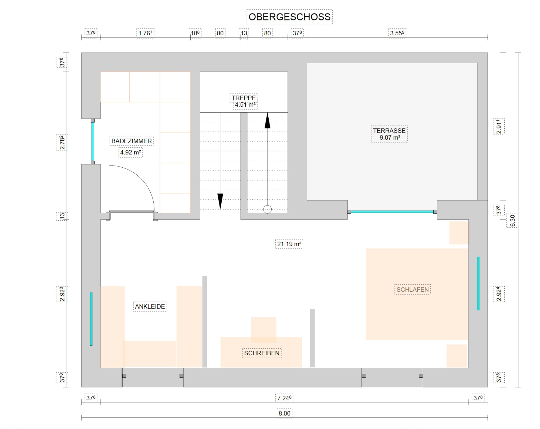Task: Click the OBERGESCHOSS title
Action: tap(289, 17)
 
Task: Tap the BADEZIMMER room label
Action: tap(131, 141)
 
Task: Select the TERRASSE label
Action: tap(389, 131)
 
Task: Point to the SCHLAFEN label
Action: tap(412, 290)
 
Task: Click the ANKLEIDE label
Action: tap(150, 306)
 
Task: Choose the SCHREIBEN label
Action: tap(262, 353)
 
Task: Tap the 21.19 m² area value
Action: tap(289, 244)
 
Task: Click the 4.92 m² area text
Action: tap(130, 152)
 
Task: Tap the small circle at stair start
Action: tap(267, 209)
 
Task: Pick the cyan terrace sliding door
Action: tap(392, 212)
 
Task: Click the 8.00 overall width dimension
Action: tap(285, 413)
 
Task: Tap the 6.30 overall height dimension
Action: tap(512, 221)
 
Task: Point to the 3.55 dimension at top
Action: tap(397, 33)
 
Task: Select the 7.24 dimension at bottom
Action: tap(284, 398)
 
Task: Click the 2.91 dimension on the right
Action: tap(499, 127)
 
